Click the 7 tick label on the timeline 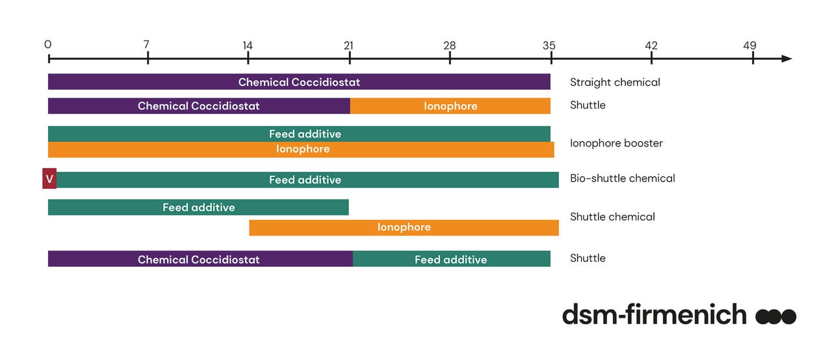[146, 45]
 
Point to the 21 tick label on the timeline [348, 46]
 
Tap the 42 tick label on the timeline [651, 46]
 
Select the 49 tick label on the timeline [750, 46]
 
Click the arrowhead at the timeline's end [786, 59]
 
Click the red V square [49, 179]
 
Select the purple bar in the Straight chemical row [299, 82]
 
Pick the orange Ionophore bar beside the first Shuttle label [450, 106]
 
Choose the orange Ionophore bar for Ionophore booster [301, 150]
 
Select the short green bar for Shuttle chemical [198, 208]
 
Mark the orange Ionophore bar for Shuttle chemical [404, 227]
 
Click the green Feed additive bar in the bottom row [451, 259]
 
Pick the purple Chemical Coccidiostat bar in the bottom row [200, 259]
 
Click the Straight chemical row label [614, 83]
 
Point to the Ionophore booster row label [616, 143]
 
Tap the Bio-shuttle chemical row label [622, 178]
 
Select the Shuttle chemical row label [612, 217]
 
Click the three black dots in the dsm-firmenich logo [775, 317]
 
